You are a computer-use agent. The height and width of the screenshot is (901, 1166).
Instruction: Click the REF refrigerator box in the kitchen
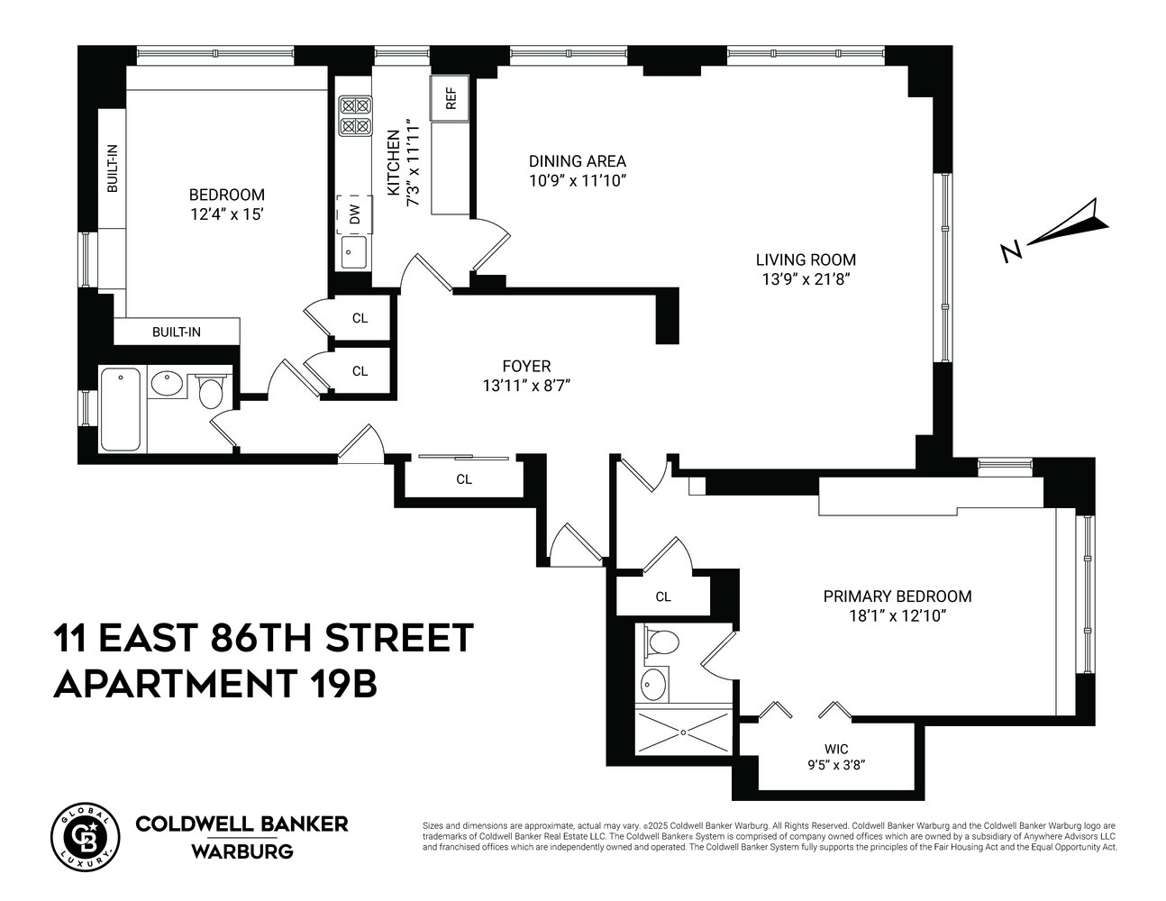451,98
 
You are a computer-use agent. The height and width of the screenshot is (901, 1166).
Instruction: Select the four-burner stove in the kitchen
355,115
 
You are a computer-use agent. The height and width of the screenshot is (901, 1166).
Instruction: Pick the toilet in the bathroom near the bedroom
211,392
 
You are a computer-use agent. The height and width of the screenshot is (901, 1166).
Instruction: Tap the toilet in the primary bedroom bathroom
663,643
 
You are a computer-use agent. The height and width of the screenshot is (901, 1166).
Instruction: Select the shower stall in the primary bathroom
683,732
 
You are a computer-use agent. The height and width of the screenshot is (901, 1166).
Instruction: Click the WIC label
836,749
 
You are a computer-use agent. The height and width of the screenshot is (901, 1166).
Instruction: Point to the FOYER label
526,366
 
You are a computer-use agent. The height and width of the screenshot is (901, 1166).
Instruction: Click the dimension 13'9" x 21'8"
806,279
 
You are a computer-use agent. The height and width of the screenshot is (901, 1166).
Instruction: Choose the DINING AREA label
577,161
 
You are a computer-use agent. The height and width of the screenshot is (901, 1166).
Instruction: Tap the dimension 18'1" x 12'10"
897,616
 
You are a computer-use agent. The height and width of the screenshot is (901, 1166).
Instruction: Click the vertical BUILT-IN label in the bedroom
113,169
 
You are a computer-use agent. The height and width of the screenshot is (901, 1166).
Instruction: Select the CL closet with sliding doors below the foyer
464,478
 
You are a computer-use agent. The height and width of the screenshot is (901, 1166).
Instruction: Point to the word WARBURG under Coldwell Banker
241,851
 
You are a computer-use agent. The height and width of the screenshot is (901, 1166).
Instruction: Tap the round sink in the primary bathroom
655,685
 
